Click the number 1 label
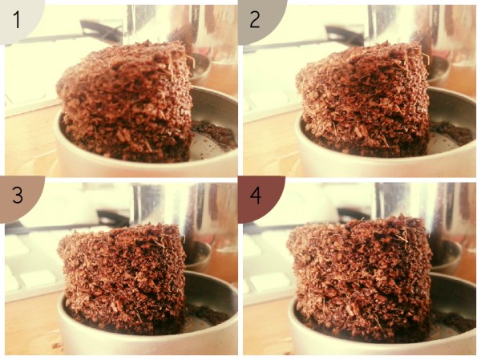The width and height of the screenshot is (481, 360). coord(17,20)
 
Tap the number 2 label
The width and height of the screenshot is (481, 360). coord(255,19)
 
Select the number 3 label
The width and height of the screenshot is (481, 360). coord(18,195)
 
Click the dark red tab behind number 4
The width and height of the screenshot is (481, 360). coord(261,199)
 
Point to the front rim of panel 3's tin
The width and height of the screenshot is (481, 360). coord(148,338)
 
